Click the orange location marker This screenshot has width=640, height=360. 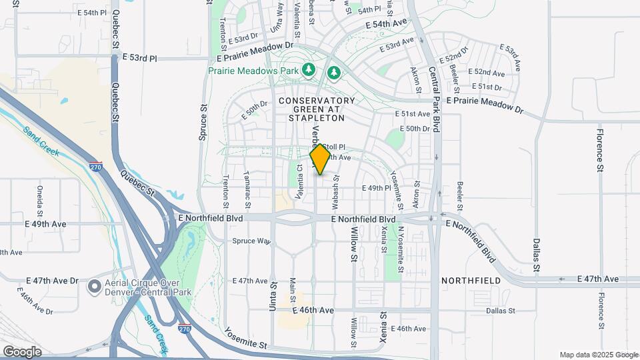(321, 159)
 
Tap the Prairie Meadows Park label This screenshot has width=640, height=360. (253, 69)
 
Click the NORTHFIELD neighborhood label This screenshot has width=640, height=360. (471, 281)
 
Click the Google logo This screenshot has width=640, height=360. (22, 352)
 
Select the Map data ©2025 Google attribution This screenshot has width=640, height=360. (598, 355)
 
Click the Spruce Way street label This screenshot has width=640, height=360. (251, 241)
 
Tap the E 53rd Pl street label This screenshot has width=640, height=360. (140, 58)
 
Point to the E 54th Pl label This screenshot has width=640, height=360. (92, 13)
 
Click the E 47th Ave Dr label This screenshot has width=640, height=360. (53, 281)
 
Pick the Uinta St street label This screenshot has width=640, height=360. (273, 293)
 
